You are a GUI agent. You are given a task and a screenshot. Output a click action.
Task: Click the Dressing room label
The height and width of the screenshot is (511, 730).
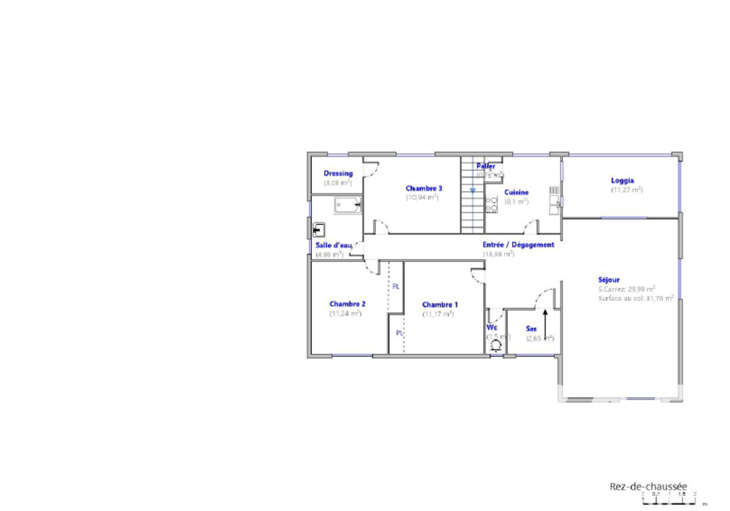point(338,173)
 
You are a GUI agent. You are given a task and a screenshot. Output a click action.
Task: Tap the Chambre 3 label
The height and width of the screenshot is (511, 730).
point(424,188)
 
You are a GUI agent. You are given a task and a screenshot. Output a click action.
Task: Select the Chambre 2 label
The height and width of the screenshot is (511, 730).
point(347,304)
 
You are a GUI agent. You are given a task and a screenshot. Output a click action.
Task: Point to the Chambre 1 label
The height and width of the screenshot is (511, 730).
point(440,304)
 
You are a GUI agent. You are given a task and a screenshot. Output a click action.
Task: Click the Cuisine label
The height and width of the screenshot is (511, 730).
point(516,193)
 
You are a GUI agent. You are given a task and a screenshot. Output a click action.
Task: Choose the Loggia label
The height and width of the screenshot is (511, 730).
point(623,180)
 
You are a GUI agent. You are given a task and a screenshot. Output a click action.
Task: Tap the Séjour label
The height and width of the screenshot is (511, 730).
point(609,280)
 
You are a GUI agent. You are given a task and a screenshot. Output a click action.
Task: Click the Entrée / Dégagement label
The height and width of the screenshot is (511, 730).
point(518,245)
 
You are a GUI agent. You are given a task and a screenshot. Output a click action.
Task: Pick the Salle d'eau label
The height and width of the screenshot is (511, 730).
point(334,245)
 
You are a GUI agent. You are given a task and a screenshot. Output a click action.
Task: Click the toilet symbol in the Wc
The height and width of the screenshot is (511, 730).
point(496,341)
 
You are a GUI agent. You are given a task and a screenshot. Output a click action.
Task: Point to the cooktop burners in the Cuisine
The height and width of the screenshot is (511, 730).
point(491,204)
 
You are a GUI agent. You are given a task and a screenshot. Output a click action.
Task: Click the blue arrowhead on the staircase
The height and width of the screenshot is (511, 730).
point(472,191)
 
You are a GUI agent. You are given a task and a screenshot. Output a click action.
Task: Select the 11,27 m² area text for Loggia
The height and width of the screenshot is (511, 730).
point(626,190)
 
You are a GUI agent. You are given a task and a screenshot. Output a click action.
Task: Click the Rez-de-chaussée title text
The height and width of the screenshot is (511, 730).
point(648,485)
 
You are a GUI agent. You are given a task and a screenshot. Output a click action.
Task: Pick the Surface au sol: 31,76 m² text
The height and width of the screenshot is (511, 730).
point(635,298)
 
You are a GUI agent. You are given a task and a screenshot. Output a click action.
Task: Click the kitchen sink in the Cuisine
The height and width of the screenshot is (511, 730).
point(556,201)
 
